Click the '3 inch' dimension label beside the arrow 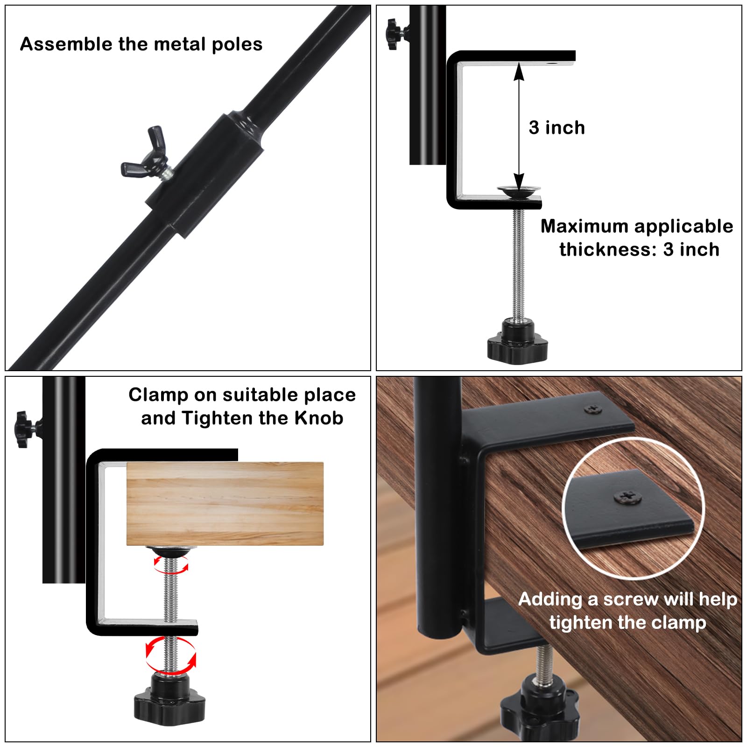(557, 127)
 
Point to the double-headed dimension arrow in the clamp (519, 127)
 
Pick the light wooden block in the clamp (225, 504)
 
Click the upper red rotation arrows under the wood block (171, 564)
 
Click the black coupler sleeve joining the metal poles (204, 174)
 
